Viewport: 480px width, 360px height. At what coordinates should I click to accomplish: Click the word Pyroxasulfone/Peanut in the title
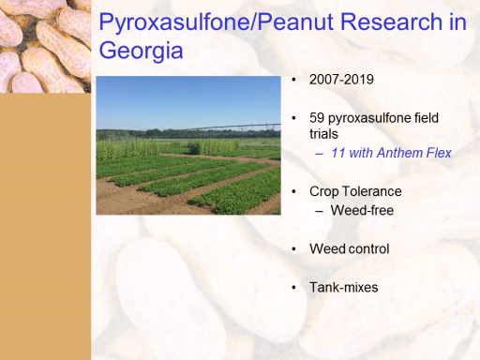[217, 22]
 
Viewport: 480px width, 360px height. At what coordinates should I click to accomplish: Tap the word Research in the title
[391, 22]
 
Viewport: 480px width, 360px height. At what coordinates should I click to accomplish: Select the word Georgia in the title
[141, 51]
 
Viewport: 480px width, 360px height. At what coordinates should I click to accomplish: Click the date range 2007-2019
[341, 80]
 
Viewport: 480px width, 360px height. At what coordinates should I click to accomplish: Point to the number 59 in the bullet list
[317, 118]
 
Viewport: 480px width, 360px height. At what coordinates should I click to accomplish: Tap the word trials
[323, 134]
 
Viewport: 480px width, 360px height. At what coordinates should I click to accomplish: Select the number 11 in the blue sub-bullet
[337, 153]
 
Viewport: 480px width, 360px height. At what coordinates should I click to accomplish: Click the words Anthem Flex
[414, 153]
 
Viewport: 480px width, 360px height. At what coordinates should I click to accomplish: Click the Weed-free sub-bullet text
[362, 210]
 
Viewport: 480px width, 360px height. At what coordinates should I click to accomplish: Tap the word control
[369, 249]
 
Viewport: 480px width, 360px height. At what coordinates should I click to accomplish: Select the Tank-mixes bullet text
[344, 288]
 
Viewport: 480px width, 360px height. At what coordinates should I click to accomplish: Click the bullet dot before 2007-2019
[293, 80]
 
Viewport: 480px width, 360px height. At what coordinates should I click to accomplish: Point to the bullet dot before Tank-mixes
[293, 288]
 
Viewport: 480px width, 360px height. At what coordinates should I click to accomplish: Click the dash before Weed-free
[319, 212]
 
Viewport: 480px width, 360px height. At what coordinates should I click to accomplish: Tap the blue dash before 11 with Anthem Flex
[319, 154]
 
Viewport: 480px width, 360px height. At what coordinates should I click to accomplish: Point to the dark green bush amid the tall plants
[194, 147]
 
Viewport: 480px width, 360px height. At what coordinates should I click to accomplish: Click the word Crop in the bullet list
[324, 192]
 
